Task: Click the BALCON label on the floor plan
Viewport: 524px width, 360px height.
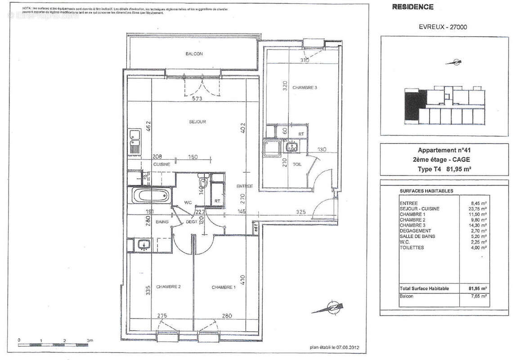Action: [194, 54]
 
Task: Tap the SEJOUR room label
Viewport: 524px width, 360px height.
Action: [197, 122]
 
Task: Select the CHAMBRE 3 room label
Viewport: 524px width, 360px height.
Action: [305, 88]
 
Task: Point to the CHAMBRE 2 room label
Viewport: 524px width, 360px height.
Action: [168, 287]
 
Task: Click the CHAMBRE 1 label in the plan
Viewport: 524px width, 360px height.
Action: [224, 287]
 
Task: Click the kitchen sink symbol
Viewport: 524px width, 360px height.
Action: [134, 140]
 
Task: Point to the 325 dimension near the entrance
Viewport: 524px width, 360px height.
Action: [301, 211]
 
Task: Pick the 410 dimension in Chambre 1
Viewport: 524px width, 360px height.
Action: [242, 281]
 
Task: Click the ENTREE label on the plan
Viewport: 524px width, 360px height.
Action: [245, 186]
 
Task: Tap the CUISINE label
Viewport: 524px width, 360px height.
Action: [161, 164]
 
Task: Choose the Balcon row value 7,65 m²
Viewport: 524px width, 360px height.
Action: [479, 296]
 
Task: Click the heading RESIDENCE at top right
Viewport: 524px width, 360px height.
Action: [413, 7]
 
